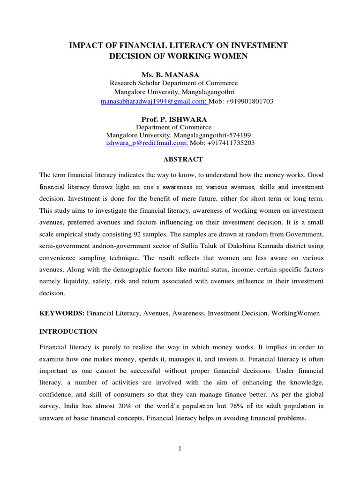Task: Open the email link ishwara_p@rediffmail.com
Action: [x=146, y=142]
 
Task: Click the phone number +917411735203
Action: [x=232, y=142]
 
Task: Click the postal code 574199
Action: [x=243, y=135]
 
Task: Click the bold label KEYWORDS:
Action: [x=62, y=313]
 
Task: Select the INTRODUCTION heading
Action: [x=68, y=331]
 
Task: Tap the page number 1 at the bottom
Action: [x=180, y=449]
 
